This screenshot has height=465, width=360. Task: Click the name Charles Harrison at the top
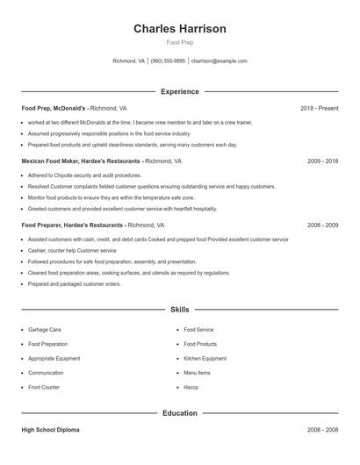[x=180, y=29]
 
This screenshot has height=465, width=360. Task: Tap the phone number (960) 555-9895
[x=168, y=61]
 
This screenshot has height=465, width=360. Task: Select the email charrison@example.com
[x=220, y=61]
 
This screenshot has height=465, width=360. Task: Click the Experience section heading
[x=180, y=91]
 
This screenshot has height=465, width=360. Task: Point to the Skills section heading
[x=180, y=310]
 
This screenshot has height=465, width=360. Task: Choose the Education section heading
[x=180, y=412]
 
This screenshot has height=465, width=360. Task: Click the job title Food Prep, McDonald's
[x=54, y=108]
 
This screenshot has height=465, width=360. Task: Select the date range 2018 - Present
[x=319, y=108]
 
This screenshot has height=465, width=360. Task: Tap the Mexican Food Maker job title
[x=81, y=161]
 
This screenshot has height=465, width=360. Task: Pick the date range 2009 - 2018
[x=323, y=161]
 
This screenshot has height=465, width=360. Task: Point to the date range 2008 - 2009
[x=323, y=225]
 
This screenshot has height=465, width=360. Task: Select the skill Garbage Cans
[x=45, y=330]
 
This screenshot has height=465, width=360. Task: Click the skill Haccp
[x=191, y=387]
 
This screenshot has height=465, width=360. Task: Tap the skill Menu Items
[x=197, y=373]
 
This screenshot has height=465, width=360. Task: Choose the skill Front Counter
[x=44, y=387]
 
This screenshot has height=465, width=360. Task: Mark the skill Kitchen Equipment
[x=205, y=358]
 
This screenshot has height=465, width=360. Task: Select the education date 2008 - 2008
[x=323, y=430]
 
